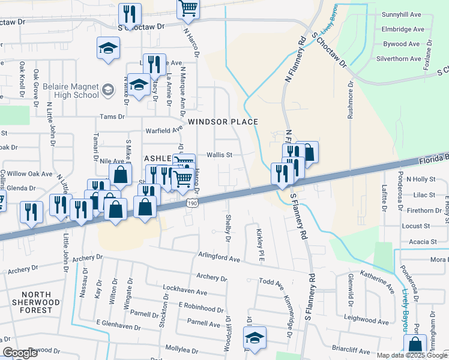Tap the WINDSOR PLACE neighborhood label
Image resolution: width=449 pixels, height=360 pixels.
(x=223, y=122)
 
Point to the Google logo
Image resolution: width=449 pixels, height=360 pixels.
(x=20, y=353)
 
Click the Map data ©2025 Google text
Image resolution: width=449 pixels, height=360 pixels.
(x=412, y=355)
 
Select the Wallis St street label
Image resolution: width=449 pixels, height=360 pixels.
(x=219, y=154)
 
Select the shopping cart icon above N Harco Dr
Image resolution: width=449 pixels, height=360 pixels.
(x=188, y=9)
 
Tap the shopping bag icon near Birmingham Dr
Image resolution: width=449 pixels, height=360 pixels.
(x=415, y=345)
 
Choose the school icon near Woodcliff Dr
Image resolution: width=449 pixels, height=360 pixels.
(x=255, y=338)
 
